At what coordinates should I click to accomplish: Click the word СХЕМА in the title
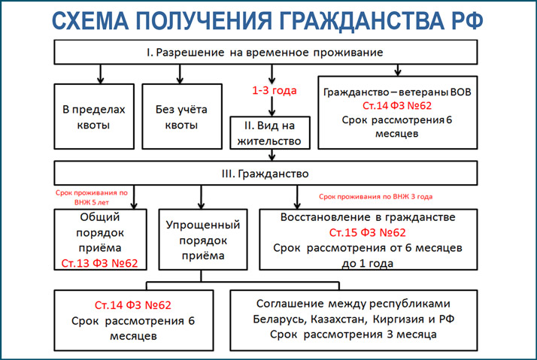tap(90, 20)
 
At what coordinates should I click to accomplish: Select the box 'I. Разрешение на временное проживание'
tap(265, 52)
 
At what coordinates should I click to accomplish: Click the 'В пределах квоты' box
tap(94, 116)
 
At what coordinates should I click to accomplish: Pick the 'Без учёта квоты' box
tap(182, 116)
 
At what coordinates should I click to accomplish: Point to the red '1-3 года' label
tap(275, 91)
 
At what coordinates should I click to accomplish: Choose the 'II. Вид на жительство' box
tap(270, 133)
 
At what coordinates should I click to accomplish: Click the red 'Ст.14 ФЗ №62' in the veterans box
tap(397, 106)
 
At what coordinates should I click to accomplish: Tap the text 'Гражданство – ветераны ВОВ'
tap(397, 92)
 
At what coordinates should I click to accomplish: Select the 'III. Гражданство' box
tap(265, 173)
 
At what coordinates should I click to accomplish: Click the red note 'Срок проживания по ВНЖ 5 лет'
tap(92, 198)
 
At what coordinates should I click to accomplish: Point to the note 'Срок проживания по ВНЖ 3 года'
tap(376, 197)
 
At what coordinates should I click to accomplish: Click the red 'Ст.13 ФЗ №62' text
tap(99, 263)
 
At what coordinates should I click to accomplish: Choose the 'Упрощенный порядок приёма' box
tap(203, 240)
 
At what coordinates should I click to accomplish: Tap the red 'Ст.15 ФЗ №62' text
tap(368, 233)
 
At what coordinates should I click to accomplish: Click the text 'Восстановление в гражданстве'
tap(368, 217)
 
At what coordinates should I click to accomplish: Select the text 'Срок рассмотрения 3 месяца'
tap(353, 334)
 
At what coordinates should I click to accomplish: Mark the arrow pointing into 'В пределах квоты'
tap(100, 74)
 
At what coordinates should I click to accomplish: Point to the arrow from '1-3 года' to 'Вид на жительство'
tap(272, 107)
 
